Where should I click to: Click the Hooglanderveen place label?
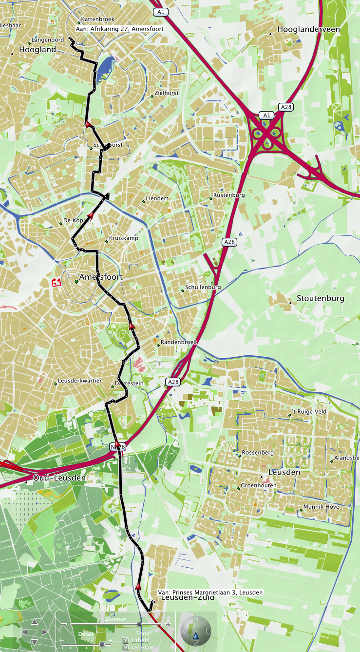308,29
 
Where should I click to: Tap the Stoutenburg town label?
320,298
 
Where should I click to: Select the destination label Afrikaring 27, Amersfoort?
120,29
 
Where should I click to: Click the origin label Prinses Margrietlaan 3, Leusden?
210,593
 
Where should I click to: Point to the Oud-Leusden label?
59,478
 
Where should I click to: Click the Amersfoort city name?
101,277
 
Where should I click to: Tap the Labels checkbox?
126,640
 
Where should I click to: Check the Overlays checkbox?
126,647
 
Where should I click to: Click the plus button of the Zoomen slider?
168,624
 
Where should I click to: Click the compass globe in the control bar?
195,632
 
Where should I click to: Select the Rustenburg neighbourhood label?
229,195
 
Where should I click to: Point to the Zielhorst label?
166,93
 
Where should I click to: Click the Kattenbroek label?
97,19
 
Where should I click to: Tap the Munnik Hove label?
321,507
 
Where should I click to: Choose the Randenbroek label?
178,342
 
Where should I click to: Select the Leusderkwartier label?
79,381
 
